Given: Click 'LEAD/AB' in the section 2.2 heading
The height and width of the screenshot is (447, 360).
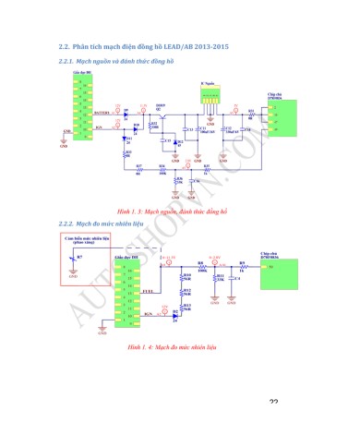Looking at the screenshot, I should pos(186,45).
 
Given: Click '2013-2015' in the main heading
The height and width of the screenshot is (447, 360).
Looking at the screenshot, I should pos(216,45).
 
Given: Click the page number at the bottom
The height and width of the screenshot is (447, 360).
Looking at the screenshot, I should pos(273,403).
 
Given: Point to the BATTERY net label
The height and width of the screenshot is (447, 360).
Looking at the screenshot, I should pos(102,112).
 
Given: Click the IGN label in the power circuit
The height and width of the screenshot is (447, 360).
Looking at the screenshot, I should pos(99,127).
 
